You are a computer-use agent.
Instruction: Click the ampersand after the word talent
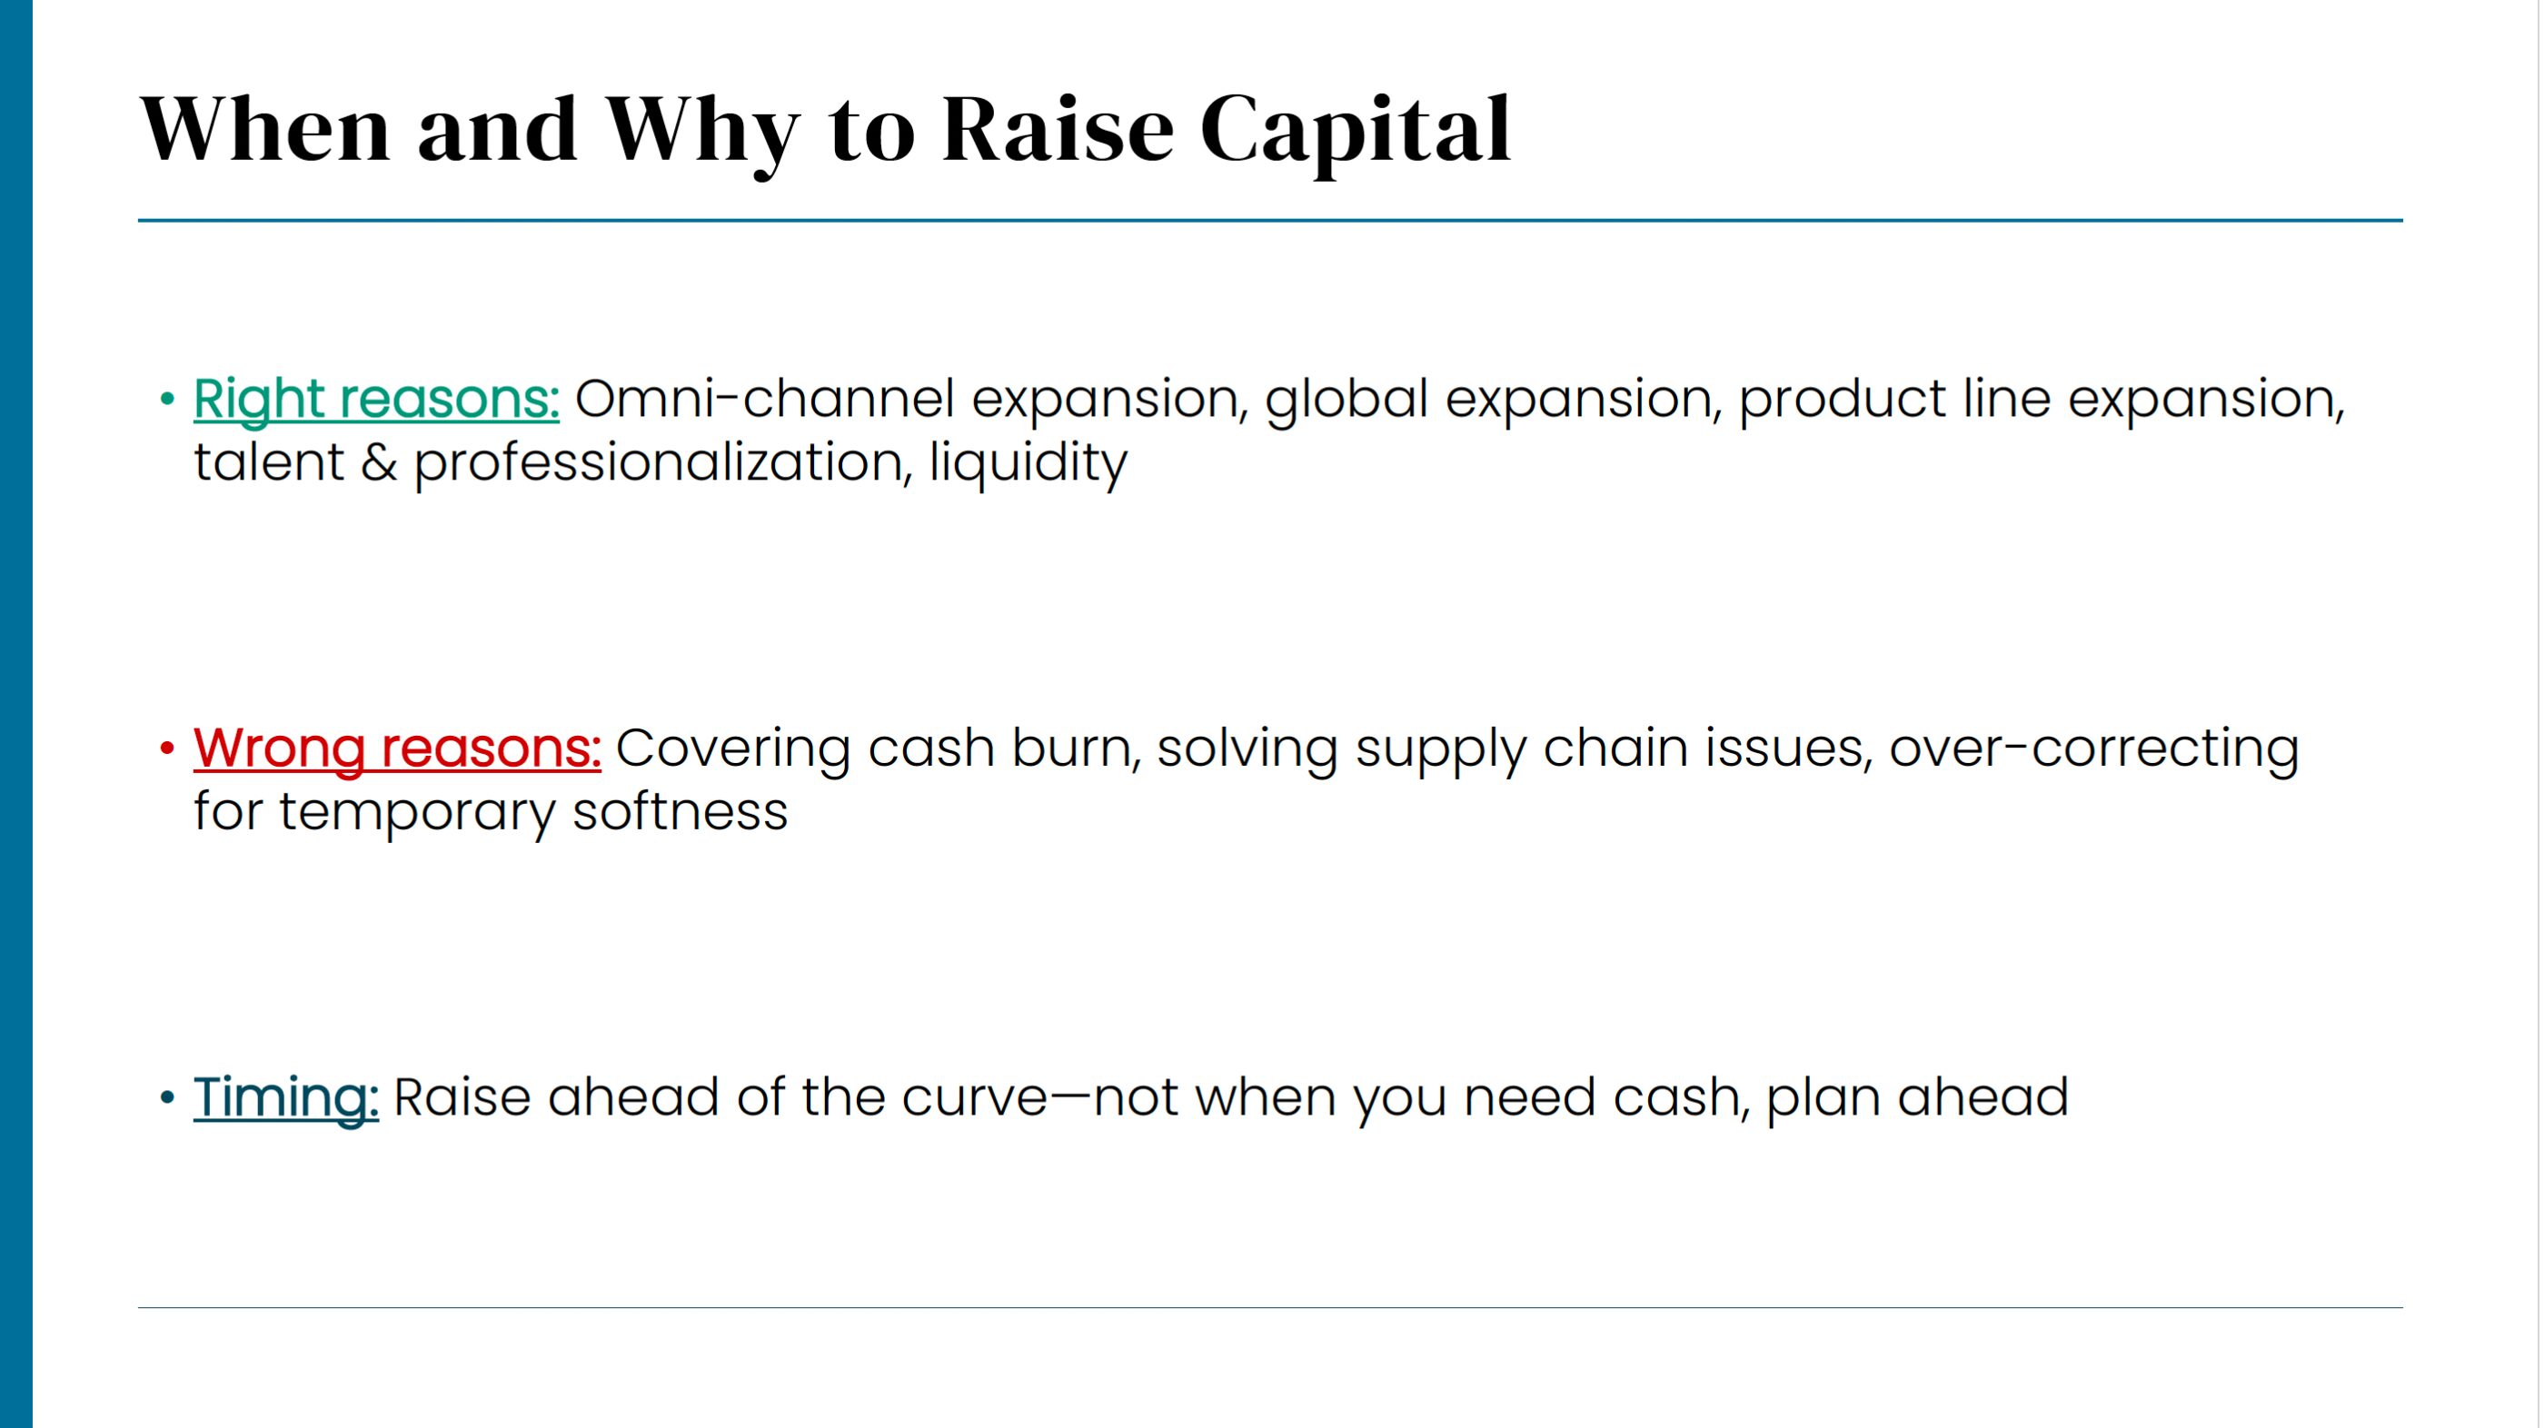pyautogui.click(x=378, y=463)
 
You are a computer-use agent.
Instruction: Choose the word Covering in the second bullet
pyautogui.click(x=733, y=749)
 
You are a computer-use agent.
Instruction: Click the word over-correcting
pyautogui.click(x=2094, y=749)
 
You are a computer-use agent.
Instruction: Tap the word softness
pyautogui.click(x=681, y=813)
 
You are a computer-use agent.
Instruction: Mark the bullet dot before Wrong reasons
pyautogui.click(x=167, y=749)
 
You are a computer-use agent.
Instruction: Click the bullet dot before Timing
pyautogui.click(x=167, y=1097)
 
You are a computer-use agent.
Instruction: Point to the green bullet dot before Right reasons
pyautogui.click(x=167, y=400)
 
